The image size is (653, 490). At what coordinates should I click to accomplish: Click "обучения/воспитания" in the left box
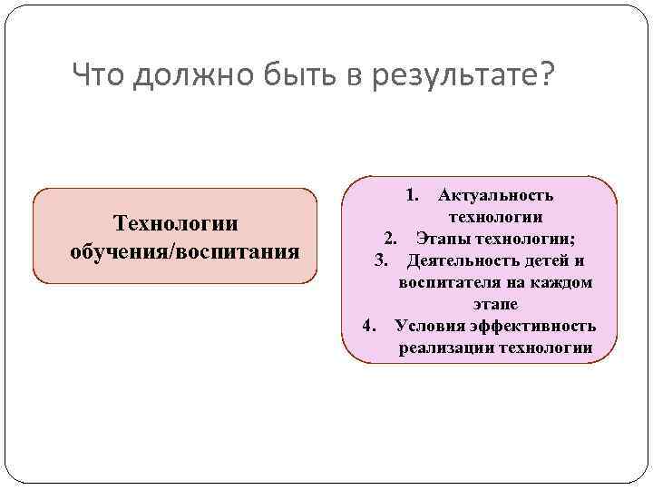pyautogui.click(x=185, y=250)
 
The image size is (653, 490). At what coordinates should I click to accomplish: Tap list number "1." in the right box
pyautogui.click(x=412, y=195)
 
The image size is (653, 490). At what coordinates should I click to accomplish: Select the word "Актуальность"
pyautogui.click(x=495, y=195)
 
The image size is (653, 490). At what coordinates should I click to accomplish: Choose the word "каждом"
pyautogui.click(x=564, y=283)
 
